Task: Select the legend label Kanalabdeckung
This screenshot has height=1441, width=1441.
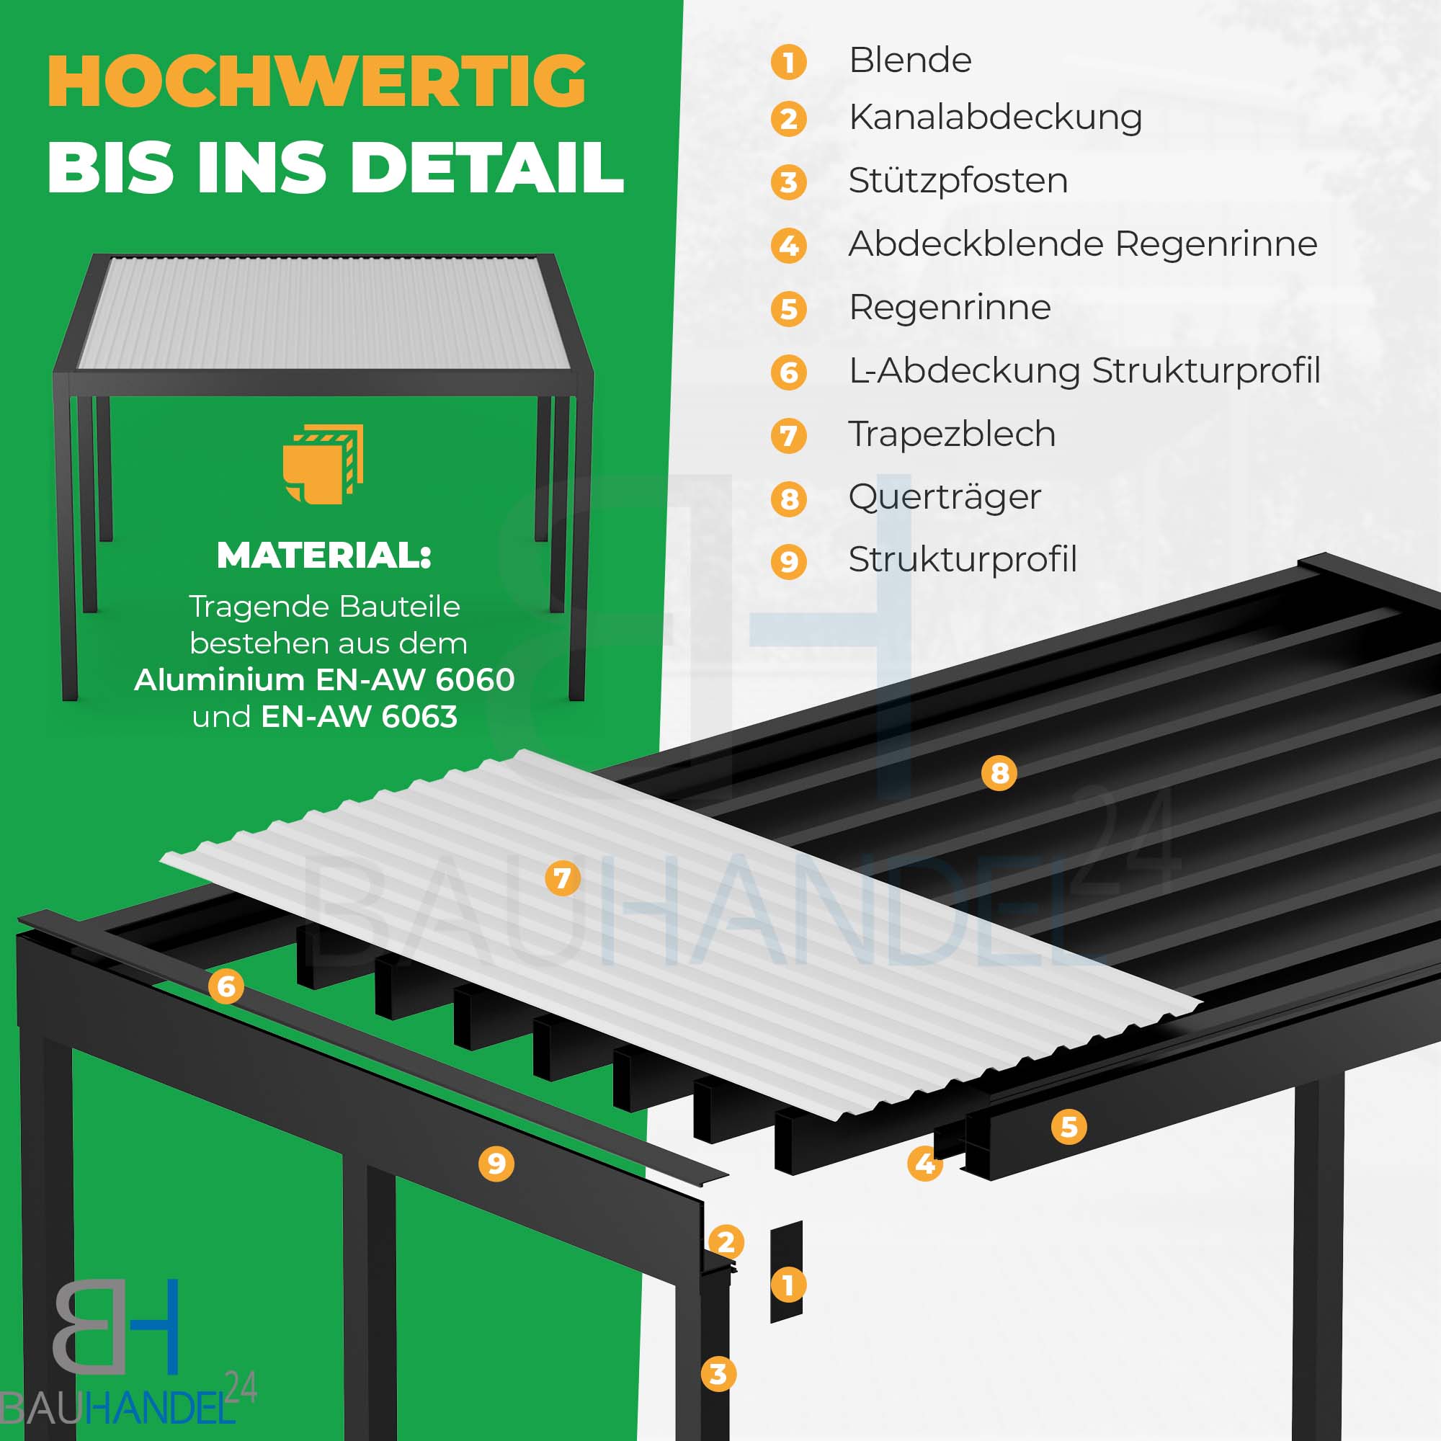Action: point(995,118)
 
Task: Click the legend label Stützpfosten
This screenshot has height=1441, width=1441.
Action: point(958,182)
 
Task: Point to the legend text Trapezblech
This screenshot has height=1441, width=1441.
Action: point(952,434)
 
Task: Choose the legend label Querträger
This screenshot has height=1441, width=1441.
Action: point(945,497)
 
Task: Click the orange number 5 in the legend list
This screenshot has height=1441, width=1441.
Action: point(788,309)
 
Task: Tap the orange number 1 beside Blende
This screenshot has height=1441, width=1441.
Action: point(788,62)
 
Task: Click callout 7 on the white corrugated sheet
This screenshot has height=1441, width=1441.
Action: point(563,878)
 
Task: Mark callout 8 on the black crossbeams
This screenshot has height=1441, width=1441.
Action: point(999,772)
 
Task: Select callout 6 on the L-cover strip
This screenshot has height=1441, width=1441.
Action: point(226,987)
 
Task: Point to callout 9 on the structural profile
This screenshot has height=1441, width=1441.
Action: point(496,1164)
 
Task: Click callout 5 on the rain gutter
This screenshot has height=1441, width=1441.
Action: point(1069,1127)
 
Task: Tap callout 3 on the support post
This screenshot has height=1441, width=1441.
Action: point(718,1374)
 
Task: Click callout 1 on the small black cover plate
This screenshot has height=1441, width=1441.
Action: point(788,1285)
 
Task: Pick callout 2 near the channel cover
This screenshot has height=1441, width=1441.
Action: point(726,1242)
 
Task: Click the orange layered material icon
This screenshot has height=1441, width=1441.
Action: point(323,464)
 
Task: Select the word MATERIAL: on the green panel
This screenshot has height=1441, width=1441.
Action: point(324,555)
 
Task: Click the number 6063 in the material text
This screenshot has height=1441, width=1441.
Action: point(419,717)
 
